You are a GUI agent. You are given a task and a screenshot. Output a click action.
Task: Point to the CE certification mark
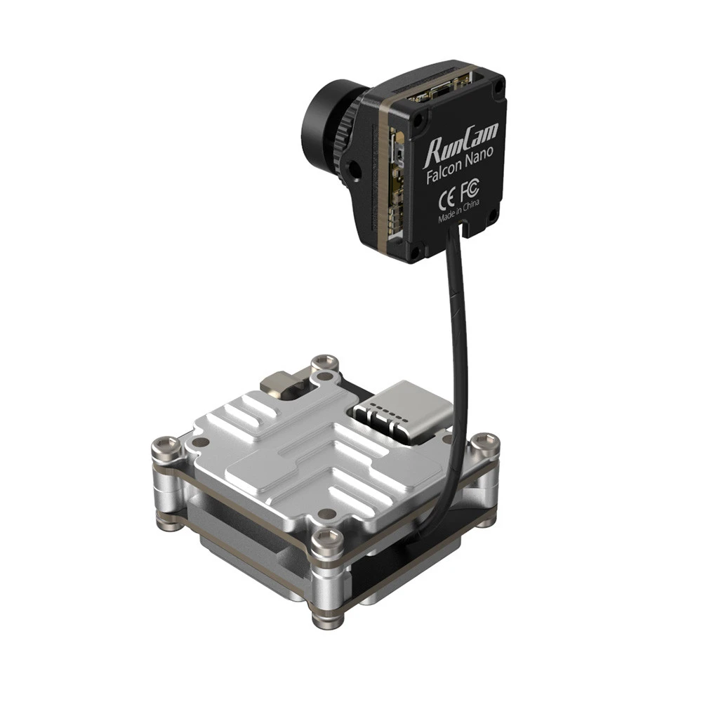click(x=446, y=200)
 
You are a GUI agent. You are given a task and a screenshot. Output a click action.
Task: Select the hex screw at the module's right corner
click(x=484, y=442)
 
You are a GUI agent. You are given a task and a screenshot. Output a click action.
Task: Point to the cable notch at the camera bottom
click(x=464, y=229)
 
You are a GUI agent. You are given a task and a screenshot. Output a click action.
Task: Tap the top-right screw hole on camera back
click(x=497, y=89)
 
